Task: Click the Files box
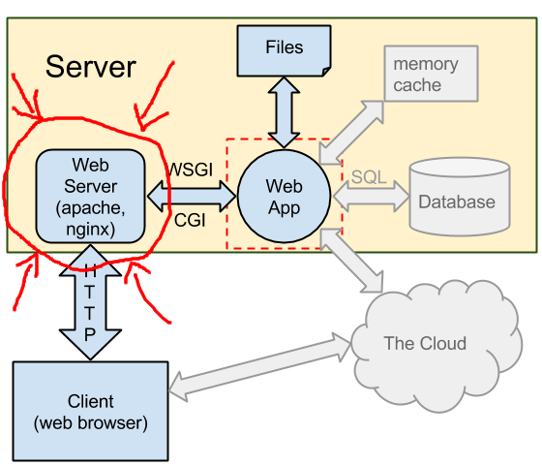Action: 285,50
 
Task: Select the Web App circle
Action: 285,196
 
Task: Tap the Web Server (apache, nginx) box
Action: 91,196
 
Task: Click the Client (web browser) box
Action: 91,412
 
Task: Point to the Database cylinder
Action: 460,197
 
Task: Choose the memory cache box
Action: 431,74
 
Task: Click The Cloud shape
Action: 437,346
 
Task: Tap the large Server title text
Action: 91,67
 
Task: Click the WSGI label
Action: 190,170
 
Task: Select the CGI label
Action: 190,220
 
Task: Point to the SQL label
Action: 369,177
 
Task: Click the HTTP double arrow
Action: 90,302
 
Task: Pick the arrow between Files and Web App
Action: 284,112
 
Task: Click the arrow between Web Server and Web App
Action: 192,196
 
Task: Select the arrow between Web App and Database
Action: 371,196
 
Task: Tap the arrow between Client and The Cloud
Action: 260,367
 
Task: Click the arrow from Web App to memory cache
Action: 350,133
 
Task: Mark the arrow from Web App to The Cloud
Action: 351,261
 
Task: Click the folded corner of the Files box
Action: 327,72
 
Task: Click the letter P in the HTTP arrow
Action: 90,335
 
